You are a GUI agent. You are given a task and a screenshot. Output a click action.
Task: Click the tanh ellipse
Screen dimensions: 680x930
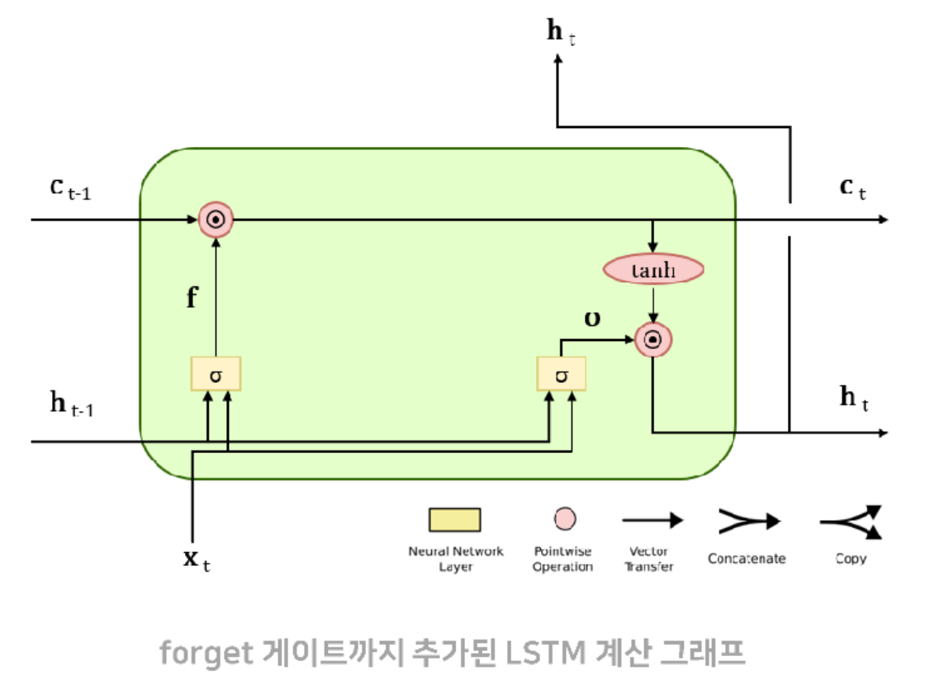pos(653,269)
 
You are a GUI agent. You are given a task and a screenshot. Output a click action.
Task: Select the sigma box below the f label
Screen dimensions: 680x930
pos(216,374)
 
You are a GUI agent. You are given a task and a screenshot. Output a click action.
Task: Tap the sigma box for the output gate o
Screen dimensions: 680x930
pos(561,374)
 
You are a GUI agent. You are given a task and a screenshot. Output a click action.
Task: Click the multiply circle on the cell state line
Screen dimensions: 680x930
pos(216,220)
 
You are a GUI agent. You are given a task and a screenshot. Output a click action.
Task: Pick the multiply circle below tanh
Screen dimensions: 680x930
pos(653,339)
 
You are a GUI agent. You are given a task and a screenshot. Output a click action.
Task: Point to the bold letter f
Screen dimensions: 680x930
pos(192,297)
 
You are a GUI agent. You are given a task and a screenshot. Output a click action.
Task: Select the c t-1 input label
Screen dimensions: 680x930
pos(70,189)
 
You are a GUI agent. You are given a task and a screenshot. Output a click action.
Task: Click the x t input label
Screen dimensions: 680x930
pos(196,560)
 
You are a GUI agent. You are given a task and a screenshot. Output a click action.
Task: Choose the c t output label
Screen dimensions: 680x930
pos(852,189)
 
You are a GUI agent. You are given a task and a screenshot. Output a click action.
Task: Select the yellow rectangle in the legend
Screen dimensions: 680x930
pos(454,519)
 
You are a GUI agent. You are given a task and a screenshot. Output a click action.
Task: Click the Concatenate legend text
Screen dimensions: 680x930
pos(747,559)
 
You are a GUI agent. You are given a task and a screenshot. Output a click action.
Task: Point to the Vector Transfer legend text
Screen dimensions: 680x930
pos(648,559)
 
